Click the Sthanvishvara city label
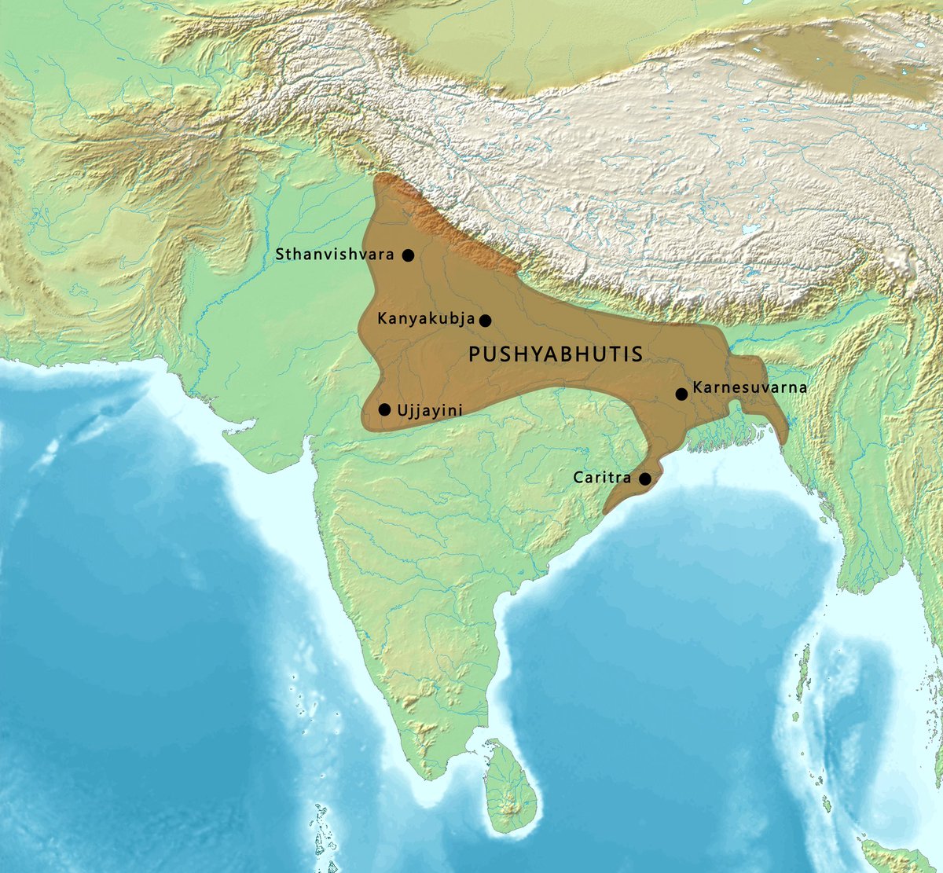[x=336, y=255]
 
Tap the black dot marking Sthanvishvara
[x=408, y=255]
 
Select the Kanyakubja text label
[x=426, y=319]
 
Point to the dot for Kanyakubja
[x=486, y=320]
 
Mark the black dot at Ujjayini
[x=384, y=409]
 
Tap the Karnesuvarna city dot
[x=681, y=394]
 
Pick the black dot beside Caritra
[x=645, y=479]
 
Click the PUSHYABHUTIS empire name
[x=556, y=354]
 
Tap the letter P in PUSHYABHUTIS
[x=474, y=354]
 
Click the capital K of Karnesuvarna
[x=697, y=387]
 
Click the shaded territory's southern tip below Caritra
[x=607, y=512]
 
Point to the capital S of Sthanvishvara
[x=279, y=255]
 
